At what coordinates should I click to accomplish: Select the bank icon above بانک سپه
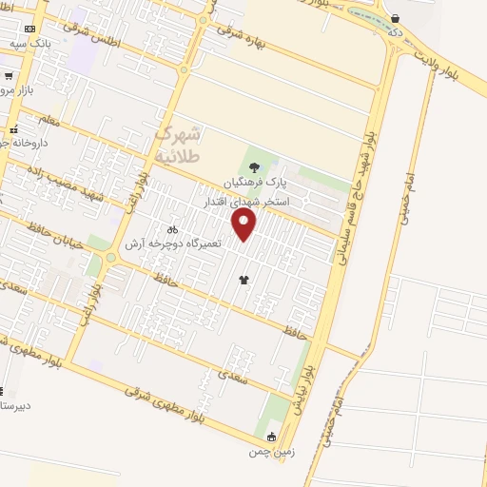(x=29, y=29)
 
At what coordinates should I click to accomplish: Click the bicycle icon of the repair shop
(x=172, y=229)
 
